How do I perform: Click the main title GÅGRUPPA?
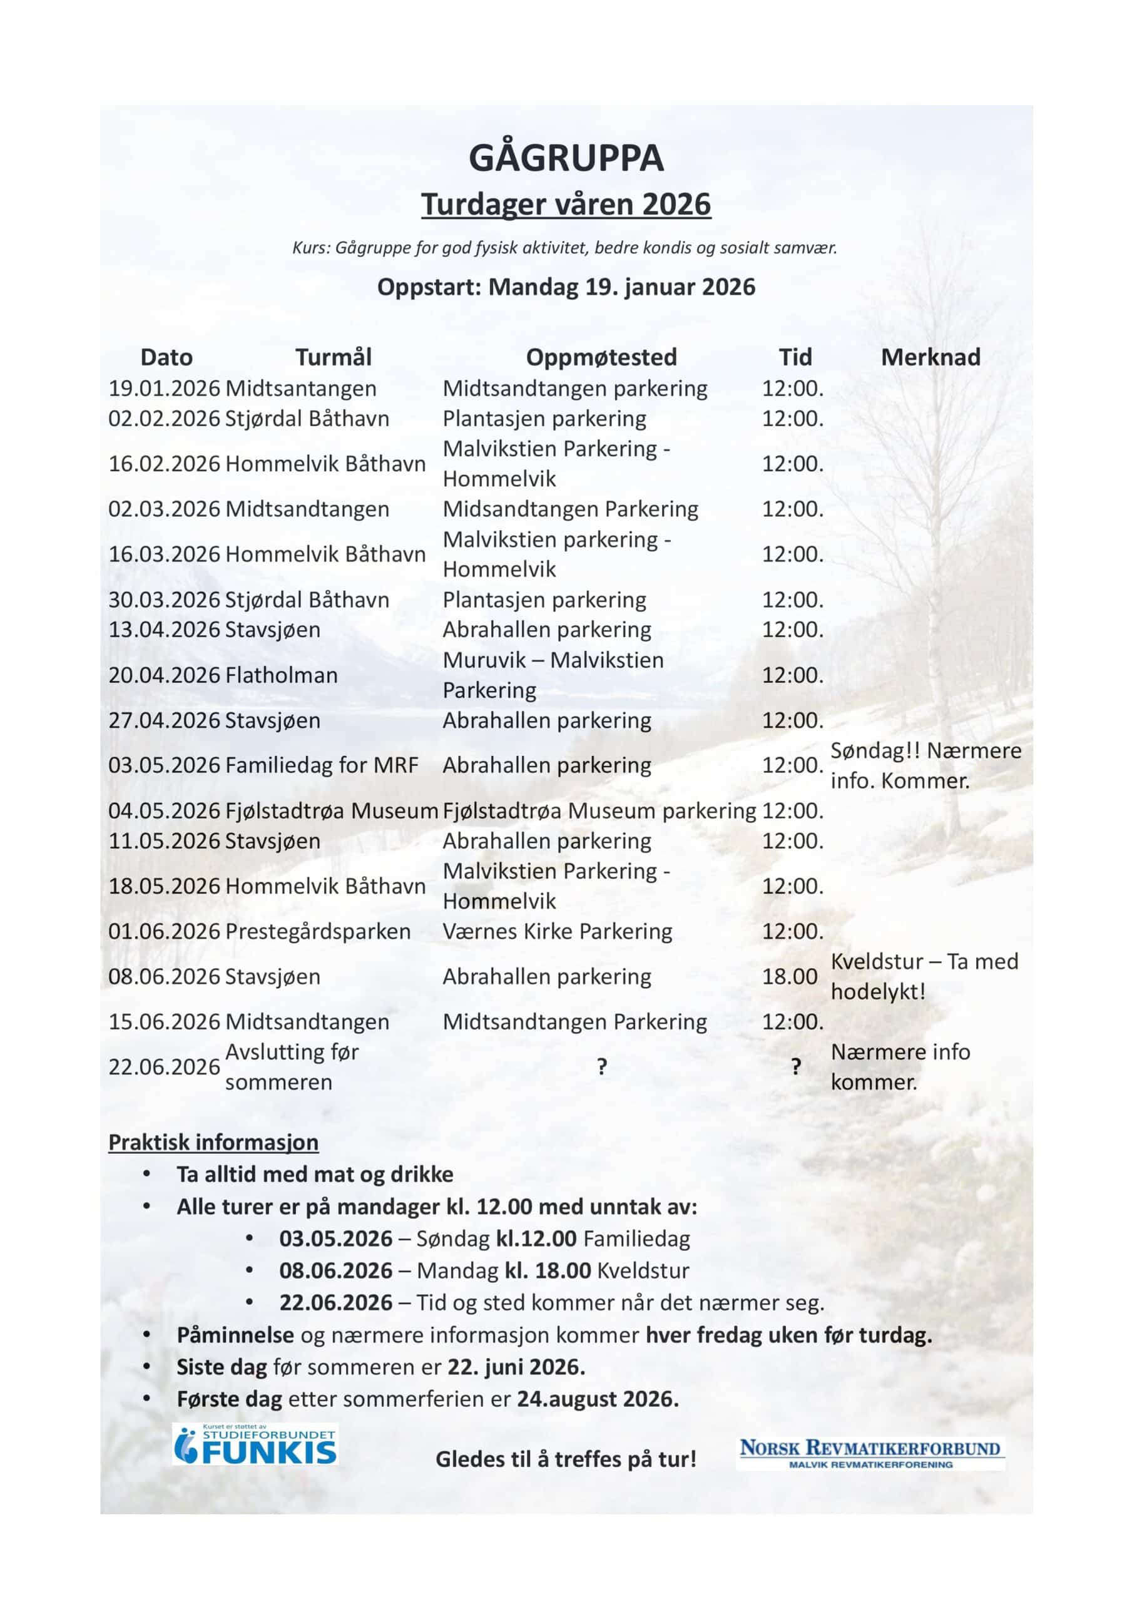click(x=565, y=158)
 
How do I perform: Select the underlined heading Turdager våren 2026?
click(x=565, y=205)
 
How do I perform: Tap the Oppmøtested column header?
click(x=601, y=357)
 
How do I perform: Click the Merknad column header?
click(x=931, y=357)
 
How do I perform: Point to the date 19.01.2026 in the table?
click(x=164, y=389)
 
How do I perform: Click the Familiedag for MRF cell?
click(x=322, y=765)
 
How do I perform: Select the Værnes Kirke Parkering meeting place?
click(x=557, y=932)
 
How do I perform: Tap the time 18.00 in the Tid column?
click(x=789, y=977)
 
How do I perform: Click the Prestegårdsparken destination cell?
click(x=317, y=932)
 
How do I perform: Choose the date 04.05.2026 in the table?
click(x=164, y=811)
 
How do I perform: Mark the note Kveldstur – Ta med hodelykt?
click(x=924, y=977)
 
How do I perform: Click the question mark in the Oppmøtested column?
click(x=601, y=1067)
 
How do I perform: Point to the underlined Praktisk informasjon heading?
click(x=213, y=1142)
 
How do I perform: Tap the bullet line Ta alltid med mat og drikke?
click(x=315, y=1175)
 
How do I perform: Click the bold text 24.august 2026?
click(x=598, y=1399)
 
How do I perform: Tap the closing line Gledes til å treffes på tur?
click(x=565, y=1459)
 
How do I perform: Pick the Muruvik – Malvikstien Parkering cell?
click(x=553, y=675)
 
